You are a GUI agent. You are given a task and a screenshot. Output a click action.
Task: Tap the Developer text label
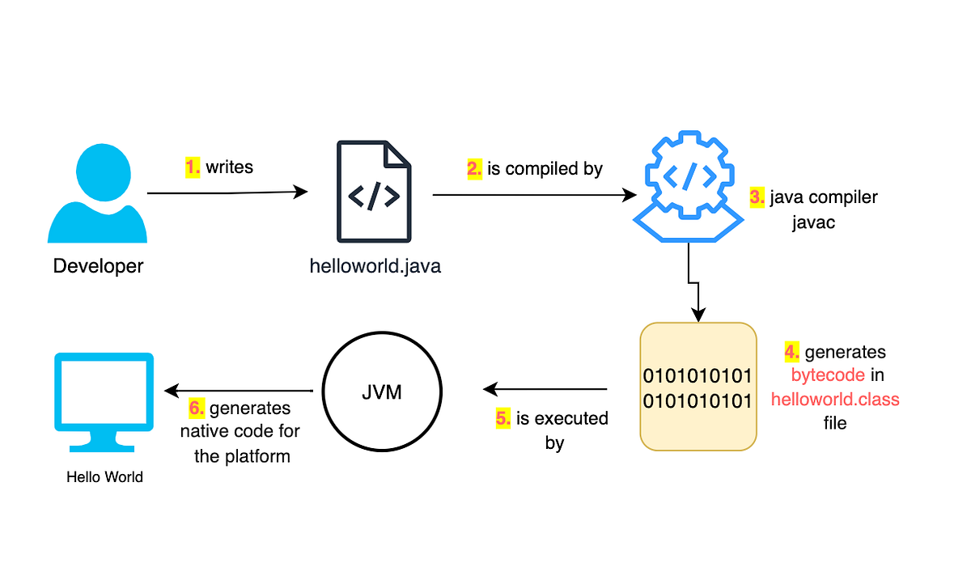98,265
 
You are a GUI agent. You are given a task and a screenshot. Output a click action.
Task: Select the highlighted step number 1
193,167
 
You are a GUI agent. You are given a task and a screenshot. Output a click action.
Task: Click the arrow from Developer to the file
227,193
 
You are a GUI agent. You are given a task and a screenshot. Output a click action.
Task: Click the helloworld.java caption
375,266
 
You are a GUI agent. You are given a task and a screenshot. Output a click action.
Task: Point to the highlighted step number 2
474,169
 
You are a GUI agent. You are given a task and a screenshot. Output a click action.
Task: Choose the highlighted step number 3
757,197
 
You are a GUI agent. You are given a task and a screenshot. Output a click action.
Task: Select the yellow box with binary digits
698,387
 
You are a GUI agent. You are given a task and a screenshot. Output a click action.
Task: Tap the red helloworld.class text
835,400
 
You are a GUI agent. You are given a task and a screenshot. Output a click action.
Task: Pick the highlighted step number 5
503,419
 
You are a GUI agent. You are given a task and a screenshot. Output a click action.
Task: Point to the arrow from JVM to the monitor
239,391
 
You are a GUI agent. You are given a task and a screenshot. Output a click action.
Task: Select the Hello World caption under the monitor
104,477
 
